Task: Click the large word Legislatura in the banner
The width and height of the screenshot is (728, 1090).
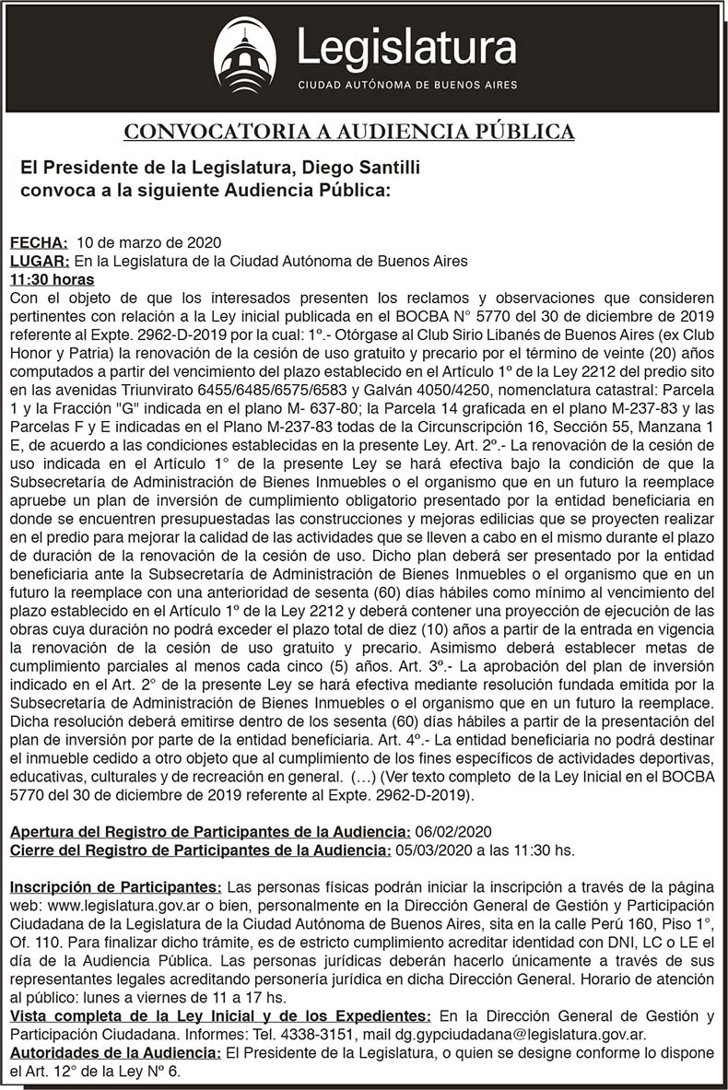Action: coord(406,48)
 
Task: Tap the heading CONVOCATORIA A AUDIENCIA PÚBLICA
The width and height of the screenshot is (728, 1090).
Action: coord(349,132)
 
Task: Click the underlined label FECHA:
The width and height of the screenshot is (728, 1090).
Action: coord(39,243)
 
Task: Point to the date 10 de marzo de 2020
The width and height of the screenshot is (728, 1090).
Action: coord(148,243)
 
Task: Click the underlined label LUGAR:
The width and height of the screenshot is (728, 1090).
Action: coord(40,261)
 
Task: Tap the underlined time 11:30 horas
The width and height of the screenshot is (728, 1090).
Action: coord(52,279)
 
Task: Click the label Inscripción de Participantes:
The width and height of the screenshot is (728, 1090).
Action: coord(115,886)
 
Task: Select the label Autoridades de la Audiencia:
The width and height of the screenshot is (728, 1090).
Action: coord(115,1052)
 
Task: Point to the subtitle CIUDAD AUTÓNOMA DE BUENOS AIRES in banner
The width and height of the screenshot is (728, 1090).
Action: coord(406,85)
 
